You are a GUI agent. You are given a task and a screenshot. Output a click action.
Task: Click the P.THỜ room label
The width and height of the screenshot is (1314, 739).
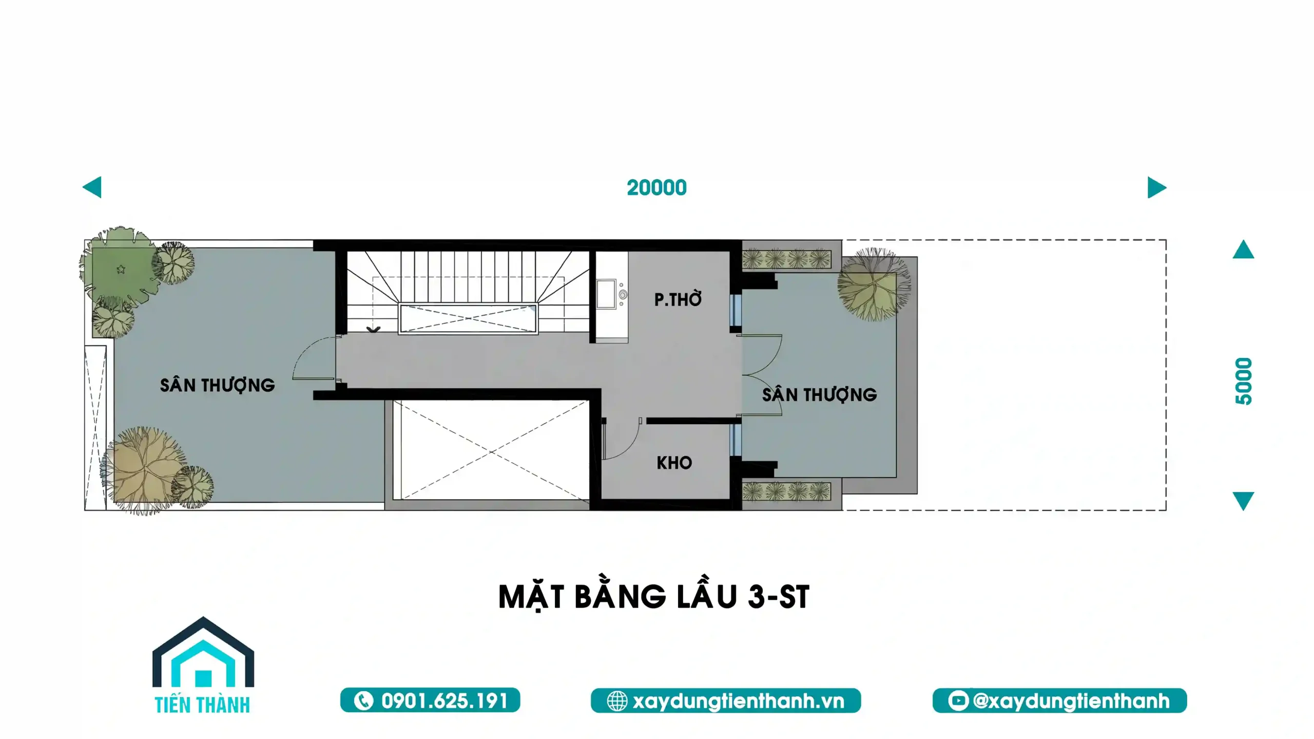pyautogui.click(x=678, y=299)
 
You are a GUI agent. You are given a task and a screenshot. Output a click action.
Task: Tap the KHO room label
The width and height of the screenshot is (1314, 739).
pyautogui.click(x=674, y=463)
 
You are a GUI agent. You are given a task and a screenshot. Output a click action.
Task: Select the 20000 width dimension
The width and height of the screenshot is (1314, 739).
pyautogui.click(x=656, y=187)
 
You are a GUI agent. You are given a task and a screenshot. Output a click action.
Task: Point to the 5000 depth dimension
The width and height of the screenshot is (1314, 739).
pyautogui.click(x=1244, y=381)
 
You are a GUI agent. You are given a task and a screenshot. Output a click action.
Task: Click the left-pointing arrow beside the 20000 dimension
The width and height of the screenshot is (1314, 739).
pyautogui.click(x=92, y=187)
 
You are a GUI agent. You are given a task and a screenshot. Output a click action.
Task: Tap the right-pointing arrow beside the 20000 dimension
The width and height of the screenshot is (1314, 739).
pyautogui.click(x=1157, y=187)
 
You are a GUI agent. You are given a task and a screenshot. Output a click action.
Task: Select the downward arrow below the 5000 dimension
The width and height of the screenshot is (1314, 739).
pyautogui.click(x=1243, y=501)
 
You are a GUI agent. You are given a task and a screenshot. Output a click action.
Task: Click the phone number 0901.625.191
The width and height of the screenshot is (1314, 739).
pyautogui.click(x=445, y=701)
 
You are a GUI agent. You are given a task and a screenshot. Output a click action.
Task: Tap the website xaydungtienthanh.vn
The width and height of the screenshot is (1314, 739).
pyautogui.click(x=738, y=701)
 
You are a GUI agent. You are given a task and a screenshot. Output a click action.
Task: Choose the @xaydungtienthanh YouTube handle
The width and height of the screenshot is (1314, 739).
pyautogui.click(x=1071, y=701)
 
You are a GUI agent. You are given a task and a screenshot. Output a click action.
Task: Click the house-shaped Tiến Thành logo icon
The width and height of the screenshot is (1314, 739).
pyautogui.click(x=203, y=652)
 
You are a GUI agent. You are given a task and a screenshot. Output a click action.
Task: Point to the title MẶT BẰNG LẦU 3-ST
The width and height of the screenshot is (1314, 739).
pyautogui.click(x=654, y=597)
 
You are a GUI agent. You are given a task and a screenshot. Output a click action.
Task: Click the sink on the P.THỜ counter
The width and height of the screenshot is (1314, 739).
pyautogui.click(x=606, y=294)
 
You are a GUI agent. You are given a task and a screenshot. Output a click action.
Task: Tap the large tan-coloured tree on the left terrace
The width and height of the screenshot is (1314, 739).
pyautogui.click(x=144, y=470)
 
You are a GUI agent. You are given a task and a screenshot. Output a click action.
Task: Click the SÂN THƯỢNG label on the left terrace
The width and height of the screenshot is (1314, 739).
pyautogui.click(x=217, y=385)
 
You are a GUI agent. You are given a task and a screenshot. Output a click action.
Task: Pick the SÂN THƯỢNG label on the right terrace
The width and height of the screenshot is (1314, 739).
pyautogui.click(x=819, y=394)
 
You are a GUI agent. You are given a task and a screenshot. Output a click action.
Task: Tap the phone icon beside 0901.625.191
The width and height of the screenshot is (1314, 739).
pyautogui.click(x=363, y=701)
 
